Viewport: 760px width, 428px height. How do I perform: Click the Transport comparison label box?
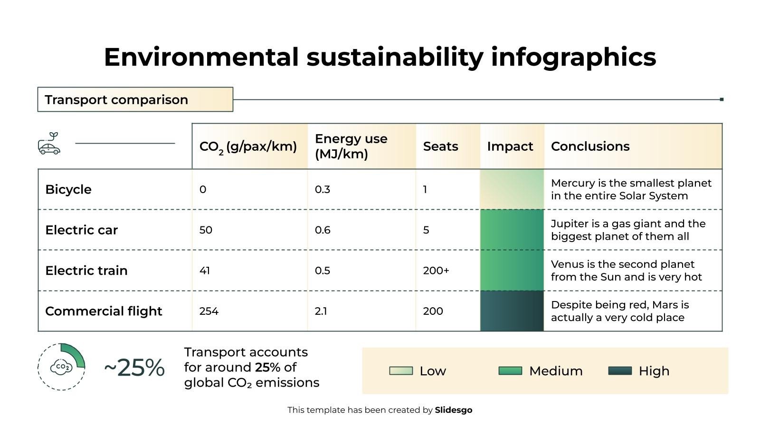135,99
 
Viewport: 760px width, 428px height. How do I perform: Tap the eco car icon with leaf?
49,143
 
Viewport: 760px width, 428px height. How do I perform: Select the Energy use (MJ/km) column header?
351,146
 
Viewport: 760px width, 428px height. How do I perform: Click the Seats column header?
440,146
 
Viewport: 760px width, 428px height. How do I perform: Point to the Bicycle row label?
68,189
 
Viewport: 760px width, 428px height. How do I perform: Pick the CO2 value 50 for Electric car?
206,230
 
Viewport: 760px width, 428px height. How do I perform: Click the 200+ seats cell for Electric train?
436,271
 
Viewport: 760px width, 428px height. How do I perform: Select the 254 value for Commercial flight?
209,311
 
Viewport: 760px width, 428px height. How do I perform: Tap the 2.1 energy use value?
321,311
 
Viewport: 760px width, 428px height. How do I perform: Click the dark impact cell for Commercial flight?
512,311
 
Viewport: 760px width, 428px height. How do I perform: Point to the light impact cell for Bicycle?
512,189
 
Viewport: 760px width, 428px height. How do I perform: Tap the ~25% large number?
134,368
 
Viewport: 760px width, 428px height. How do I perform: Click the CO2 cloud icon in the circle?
61,367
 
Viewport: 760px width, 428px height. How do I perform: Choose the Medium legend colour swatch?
510,371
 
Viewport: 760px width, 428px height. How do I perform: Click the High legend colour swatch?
620,371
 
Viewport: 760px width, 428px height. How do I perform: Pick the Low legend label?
432,371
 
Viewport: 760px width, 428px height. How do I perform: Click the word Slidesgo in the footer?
453,410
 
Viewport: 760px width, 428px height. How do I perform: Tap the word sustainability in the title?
395,57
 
